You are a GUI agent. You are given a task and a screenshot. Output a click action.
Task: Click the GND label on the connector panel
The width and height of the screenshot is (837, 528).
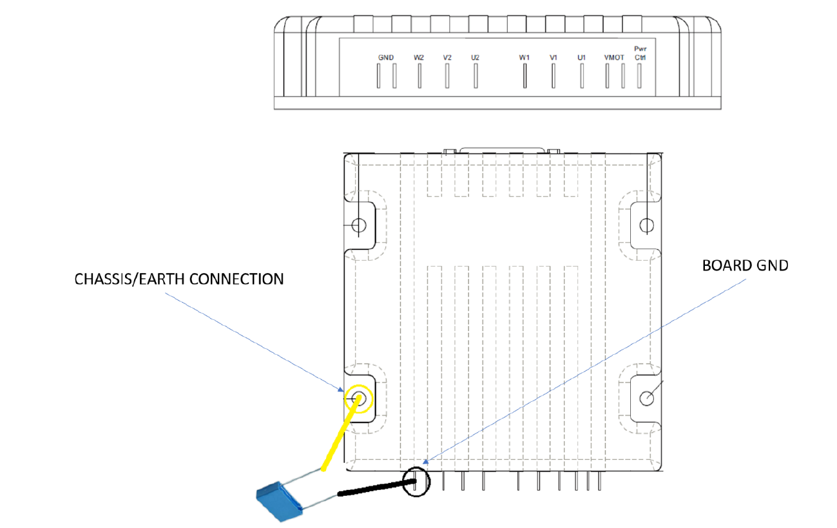pos(386,57)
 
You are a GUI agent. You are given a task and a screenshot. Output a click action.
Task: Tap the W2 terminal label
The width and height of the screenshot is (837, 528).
pos(419,57)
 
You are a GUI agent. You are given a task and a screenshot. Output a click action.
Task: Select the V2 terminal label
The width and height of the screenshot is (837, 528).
pos(447,57)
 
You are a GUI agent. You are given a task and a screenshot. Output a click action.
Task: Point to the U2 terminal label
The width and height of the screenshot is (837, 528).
pos(476,57)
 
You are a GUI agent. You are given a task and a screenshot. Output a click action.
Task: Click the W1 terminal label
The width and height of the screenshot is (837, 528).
pos(524,57)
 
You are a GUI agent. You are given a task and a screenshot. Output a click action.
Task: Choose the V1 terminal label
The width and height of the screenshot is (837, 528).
pos(553,57)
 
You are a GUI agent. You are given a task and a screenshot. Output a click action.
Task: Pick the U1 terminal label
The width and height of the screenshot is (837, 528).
pos(581,57)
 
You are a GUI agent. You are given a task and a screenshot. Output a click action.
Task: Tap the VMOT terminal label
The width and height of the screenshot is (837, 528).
pos(614,57)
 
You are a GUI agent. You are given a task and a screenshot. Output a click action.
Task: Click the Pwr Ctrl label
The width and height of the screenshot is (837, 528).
pos(640,53)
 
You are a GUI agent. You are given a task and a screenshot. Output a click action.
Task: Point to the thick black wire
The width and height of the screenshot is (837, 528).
pos(374,488)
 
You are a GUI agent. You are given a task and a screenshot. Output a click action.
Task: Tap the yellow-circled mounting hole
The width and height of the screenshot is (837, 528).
pos(358,399)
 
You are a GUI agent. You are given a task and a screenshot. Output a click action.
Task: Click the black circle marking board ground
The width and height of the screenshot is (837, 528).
pos(416,481)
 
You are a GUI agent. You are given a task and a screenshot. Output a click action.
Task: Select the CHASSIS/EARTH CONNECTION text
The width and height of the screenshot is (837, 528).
pos(179,279)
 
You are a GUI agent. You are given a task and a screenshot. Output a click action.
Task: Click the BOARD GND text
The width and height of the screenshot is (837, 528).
pos(746,265)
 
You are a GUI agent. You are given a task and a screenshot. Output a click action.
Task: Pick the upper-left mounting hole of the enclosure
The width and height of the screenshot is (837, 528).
pos(360,225)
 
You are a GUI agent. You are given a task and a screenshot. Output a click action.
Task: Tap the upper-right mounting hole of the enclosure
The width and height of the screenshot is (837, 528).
pos(646,225)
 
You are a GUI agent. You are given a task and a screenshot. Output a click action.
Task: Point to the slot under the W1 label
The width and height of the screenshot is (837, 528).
pos(524,77)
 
